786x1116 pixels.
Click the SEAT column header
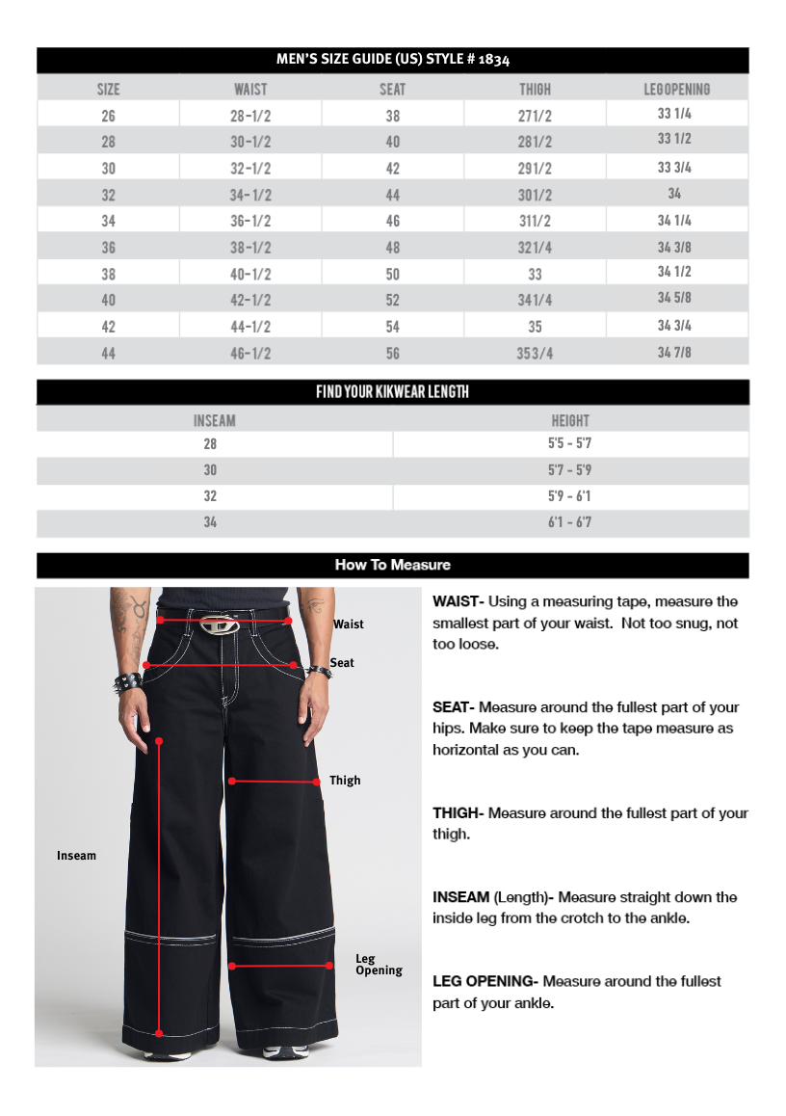[x=392, y=90]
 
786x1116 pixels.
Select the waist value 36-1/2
[x=250, y=221]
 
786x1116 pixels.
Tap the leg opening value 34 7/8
[x=674, y=352]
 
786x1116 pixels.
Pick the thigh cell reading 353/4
[x=535, y=353]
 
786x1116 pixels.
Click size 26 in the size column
[x=108, y=116]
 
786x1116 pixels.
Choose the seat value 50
[x=392, y=274]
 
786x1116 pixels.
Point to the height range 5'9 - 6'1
[x=570, y=496]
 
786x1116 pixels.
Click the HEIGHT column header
[x=570, y=420]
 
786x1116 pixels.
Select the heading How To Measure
[x=392, y=565]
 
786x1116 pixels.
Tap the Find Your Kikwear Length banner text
[x=392, y=392]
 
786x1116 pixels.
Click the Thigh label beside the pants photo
[x=345, y=780]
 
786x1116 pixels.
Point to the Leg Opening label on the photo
[x=379, y=965]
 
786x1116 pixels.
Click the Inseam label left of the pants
[x=76, y=855]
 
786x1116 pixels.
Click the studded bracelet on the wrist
[x=128, y=682]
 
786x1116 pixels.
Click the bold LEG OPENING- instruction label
[x=485, y=981]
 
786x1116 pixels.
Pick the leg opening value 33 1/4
[x=674, y=114]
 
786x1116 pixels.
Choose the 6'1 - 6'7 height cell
[x=570, y=522]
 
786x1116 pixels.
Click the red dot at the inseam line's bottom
[x=159, y=1033]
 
